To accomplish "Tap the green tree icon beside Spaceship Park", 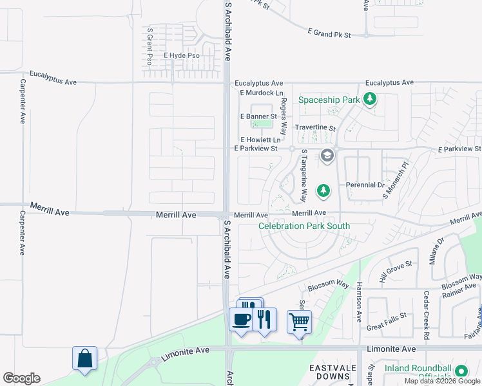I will tap(370, 99).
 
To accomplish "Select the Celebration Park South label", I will tap(304, 226).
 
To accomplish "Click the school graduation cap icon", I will tap(327, 156).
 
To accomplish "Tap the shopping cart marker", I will tap(299, 321).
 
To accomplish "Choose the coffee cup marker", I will tap(242, 319).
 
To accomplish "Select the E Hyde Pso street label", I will tap(181, 56).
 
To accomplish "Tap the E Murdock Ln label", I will tap(261, 93).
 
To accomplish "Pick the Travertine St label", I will tap(315, 129).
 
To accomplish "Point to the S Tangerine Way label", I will tap(304, 176).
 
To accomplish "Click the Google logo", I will tap(21, 378).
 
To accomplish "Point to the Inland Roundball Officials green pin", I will tap(461, 371).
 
